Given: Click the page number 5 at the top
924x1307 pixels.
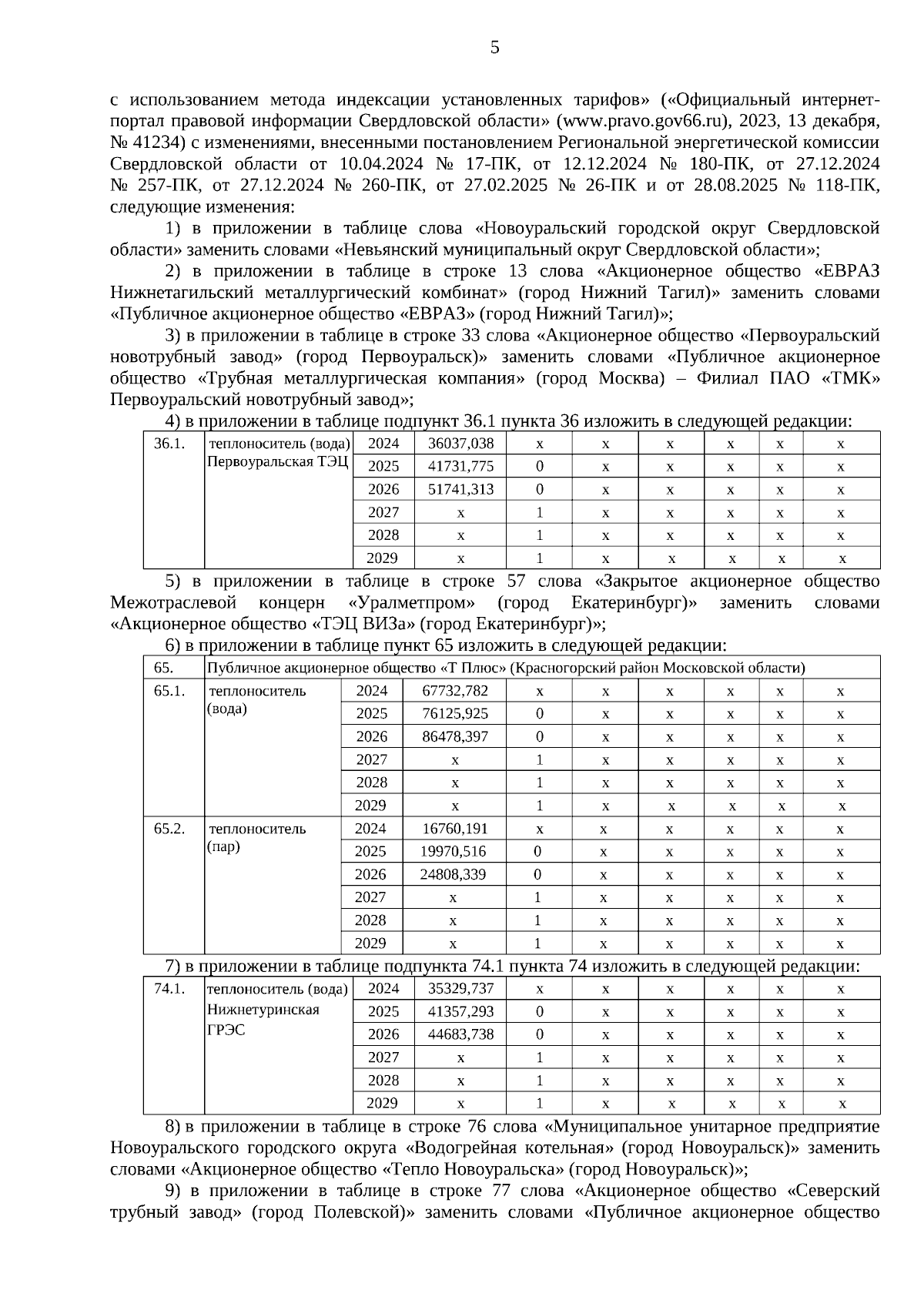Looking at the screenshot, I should (494, 48).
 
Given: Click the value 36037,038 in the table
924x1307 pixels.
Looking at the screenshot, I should (460, 444).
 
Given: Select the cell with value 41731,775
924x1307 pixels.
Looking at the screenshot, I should (460, 467).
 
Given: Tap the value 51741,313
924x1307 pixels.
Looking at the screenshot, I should (460, 489).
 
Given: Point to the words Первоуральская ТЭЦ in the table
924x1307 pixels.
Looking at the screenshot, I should (277, 462).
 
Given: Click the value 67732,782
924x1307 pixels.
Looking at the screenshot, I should (455, 691).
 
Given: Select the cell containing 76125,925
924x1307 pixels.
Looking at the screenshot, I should (455, 714).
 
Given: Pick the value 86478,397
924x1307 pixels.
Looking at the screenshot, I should (455, 736).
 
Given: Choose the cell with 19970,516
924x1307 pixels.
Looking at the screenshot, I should (453, 852).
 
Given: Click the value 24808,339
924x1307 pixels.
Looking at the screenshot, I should (453, 875).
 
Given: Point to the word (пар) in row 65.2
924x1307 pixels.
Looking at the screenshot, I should (224, 847).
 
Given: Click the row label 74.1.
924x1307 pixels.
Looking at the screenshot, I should (169, 989).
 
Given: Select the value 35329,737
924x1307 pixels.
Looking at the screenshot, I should (460, 989).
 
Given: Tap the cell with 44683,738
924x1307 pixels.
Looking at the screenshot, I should (460, 1034).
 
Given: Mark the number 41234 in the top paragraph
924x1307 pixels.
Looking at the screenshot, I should (155, 142).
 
